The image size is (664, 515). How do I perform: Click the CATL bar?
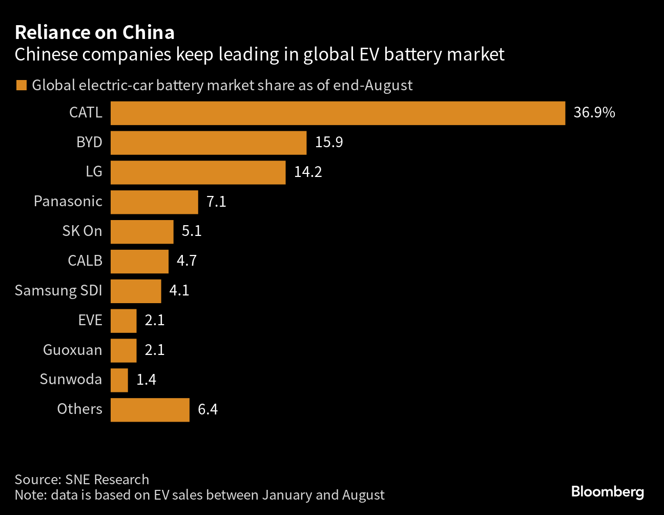338,113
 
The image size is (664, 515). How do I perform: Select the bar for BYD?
209,143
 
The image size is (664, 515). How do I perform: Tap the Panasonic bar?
154,202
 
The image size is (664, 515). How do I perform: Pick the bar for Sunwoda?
119,380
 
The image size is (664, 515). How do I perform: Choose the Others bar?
150,410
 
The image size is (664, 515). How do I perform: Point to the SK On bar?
142,232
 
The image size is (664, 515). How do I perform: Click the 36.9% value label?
594,112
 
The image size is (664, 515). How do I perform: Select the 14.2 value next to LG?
308,172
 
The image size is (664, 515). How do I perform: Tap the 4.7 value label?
186,261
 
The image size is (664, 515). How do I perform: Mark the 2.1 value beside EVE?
155,320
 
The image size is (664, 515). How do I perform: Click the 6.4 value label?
208,409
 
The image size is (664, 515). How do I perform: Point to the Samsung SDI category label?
58,290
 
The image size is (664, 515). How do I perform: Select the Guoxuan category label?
72,350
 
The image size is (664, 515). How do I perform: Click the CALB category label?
85,261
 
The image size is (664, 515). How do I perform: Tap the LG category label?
94,171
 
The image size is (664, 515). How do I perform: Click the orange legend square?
22,85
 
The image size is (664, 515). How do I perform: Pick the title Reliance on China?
95,32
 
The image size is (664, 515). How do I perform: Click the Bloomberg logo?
607,491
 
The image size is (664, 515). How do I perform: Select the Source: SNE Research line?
82,479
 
